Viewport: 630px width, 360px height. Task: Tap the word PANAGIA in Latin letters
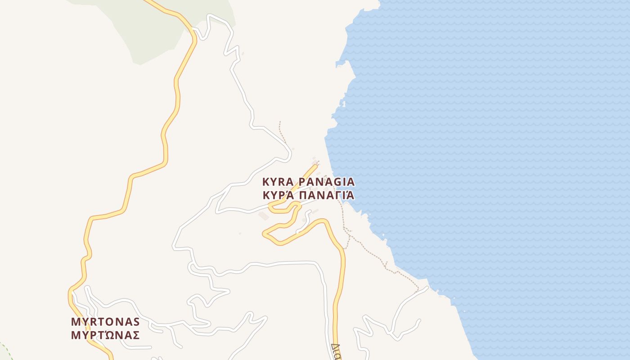tap(327, 182)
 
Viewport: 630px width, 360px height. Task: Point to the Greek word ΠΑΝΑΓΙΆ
tap(327, 195)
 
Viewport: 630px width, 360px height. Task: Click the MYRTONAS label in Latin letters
tap(105, 322)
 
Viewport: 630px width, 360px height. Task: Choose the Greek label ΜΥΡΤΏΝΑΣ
tap(105, 335)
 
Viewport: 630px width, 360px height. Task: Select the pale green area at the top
tap(148, 27)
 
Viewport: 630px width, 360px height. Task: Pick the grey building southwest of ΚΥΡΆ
tap(264, 216)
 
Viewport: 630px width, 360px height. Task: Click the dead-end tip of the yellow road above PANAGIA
tap(315, 166)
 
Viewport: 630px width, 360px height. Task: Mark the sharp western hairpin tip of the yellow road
tap(264, 233)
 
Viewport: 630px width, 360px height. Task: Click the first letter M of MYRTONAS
tap(75, 322)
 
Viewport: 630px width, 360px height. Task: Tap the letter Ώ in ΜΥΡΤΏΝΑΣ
tap(108, 335)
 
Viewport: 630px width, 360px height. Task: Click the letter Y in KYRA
tap(273, 182)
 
